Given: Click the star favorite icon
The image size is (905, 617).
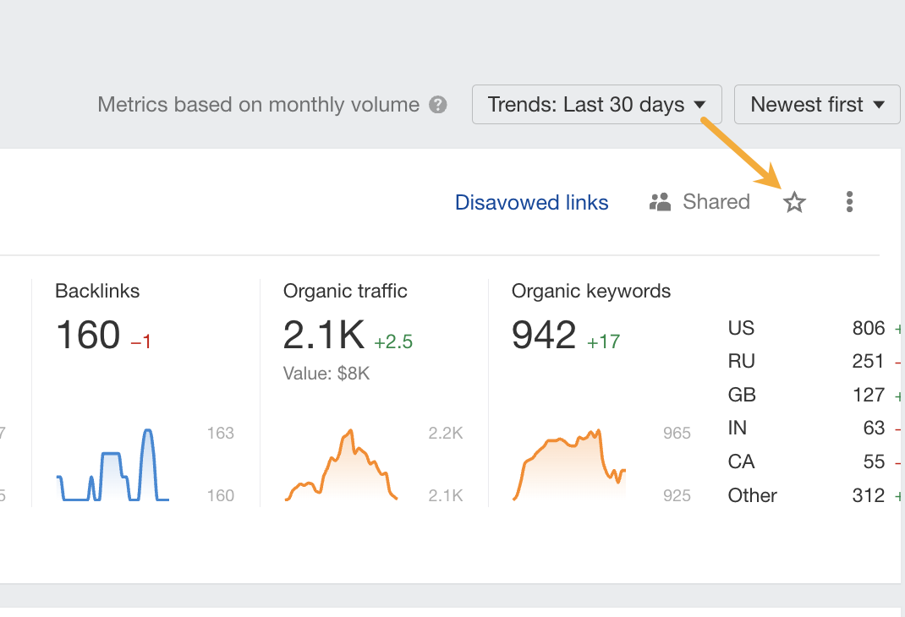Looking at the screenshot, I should (x=794, y=202).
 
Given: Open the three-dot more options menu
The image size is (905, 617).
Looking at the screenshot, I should (x=849, y=202).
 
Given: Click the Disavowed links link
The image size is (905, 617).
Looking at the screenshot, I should (x=531, y=202).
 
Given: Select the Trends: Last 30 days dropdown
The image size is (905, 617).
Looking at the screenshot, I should (x=596, y=105).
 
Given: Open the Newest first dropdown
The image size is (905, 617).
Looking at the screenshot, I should (x=816, y=105).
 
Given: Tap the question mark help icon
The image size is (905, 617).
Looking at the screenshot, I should (x=437, y=105).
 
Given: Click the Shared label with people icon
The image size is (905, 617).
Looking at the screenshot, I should (x=699, y=202).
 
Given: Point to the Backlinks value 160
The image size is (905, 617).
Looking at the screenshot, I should (x=88, y=336).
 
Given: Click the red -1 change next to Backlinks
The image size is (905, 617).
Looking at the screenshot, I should (x=140, y=341).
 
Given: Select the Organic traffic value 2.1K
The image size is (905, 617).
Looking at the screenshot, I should (x=323, y=336).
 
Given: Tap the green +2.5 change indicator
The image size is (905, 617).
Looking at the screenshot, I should (x=393, y=341).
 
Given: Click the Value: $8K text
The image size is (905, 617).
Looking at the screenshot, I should (x=326, y=373).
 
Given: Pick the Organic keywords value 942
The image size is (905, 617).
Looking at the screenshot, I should (x=544, y=336).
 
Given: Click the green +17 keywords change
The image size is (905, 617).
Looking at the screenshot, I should (x=604, y=341).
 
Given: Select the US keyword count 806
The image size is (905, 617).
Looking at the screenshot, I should (x=869, y=328).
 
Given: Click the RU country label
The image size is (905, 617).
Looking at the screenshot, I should (x=741, y=361).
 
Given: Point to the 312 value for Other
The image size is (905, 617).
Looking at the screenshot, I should (x=869, y=495).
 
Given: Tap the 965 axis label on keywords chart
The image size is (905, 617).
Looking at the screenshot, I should (x=677, y=434).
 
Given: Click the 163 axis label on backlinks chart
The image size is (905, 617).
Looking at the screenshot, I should (x=220, y=434).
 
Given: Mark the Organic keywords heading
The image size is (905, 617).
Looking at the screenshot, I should (x=591, y=292).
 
